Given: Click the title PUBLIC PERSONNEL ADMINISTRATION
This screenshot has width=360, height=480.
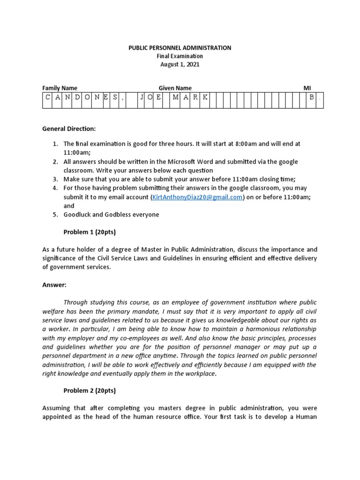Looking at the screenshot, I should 180,48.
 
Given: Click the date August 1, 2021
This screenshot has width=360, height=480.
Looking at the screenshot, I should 180,65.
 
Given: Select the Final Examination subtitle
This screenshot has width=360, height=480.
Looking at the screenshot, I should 180,56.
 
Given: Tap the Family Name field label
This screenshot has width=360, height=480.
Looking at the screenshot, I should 60,88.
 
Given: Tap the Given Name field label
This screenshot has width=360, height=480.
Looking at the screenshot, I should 175,88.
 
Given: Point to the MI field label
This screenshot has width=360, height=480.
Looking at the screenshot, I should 307,88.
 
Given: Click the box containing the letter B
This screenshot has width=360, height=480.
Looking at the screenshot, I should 311,97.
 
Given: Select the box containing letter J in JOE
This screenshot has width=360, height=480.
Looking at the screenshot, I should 141,97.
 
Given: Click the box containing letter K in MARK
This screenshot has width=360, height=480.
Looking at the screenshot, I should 204,97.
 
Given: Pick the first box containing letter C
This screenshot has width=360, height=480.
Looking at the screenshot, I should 47,97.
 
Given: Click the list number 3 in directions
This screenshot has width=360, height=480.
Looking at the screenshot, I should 55,180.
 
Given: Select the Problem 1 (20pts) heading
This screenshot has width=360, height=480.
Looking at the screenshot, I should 90,232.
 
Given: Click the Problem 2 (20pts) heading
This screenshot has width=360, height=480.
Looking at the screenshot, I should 90,390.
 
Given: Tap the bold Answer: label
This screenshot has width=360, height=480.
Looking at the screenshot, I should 54,285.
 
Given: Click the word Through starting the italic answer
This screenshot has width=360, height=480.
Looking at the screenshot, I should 77,302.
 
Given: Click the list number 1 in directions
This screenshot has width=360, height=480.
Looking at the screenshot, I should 55,144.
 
